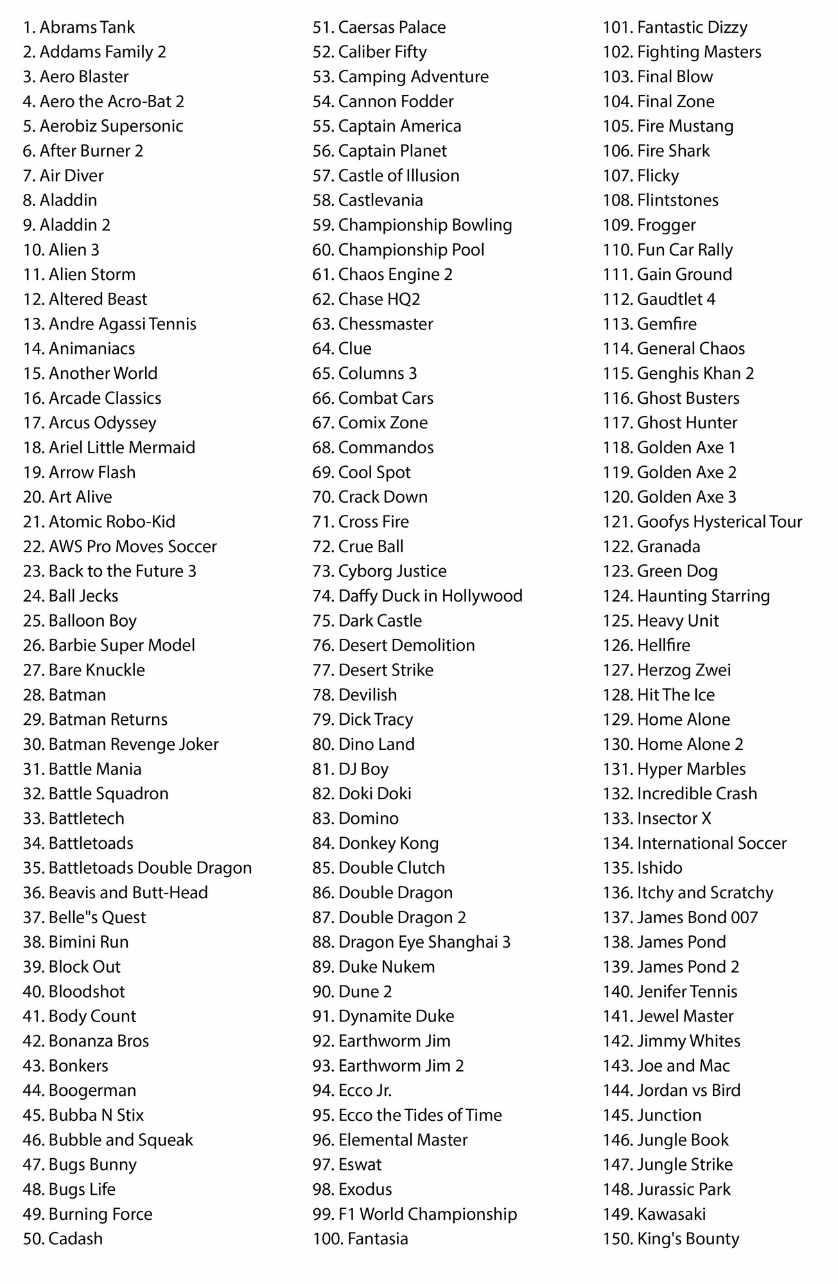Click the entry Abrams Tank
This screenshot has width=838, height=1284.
(79, 28)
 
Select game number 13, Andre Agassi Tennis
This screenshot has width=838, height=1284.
(110, 324)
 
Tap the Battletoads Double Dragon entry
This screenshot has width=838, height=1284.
(137, 868)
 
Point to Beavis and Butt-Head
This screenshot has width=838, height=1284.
(116, 893)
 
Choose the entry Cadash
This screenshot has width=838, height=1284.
(63, 1239)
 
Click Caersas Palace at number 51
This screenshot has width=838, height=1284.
(379, 28)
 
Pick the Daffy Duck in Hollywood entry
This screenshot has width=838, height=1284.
(417, 596)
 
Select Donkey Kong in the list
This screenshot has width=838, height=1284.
(376, 844)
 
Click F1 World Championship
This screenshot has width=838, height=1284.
(415, 1215)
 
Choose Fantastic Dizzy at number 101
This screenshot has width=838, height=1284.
(675, 28)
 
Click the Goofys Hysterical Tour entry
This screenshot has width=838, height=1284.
(703, 522)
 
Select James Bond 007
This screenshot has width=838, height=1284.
(680, 917)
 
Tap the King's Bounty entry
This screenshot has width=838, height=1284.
(671, 1239)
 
